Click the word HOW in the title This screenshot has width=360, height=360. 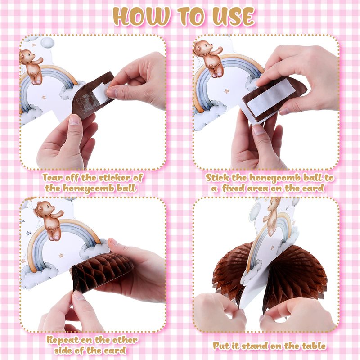click(142, 17)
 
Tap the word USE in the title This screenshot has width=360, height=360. click(234, 17)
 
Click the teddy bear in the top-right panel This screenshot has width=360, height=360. click(208, 58)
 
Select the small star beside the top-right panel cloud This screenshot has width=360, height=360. click(227, 91)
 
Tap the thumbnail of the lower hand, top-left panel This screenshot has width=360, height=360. click(75, 120)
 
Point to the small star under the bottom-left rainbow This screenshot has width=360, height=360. click(61, 255)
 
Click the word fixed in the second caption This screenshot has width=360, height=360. click(233, 189)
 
